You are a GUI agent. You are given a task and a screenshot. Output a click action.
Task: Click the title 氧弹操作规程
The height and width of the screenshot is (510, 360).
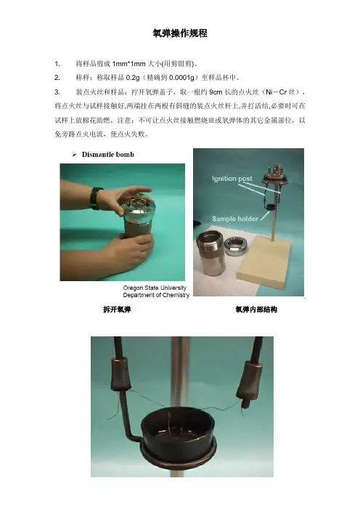pos(180,33)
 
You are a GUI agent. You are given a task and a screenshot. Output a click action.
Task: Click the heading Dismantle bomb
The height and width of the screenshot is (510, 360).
pos(108,155)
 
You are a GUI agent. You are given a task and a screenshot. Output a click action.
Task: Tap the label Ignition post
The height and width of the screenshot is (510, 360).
pos(232,179)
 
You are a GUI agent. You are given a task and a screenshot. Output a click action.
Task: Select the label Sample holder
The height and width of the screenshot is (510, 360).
pos(235,219)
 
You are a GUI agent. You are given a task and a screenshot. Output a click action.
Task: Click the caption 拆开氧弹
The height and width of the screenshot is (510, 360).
pos(117,309)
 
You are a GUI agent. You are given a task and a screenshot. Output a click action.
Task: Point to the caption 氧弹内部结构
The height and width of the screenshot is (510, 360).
pos(256,309)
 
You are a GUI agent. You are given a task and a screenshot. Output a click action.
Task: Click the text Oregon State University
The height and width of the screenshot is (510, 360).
pos(155,288)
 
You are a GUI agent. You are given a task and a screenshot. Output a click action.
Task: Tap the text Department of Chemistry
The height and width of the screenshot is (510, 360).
pos(156,295)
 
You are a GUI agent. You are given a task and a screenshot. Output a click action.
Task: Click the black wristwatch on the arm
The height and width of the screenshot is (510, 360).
pos(95,198)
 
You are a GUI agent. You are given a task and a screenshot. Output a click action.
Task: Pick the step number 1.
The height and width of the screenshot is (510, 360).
pos(57,64)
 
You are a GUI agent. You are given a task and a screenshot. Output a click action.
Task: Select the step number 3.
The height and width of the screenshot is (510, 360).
pos(57,92)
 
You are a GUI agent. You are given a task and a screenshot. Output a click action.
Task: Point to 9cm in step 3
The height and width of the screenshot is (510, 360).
pos(216,92)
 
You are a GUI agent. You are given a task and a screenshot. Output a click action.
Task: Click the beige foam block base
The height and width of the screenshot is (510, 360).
pos(263,261)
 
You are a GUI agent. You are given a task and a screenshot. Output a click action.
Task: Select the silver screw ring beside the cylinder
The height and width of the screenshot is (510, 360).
pos(236,246)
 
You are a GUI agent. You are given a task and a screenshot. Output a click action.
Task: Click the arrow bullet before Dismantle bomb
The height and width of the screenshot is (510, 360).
pos(75,155)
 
